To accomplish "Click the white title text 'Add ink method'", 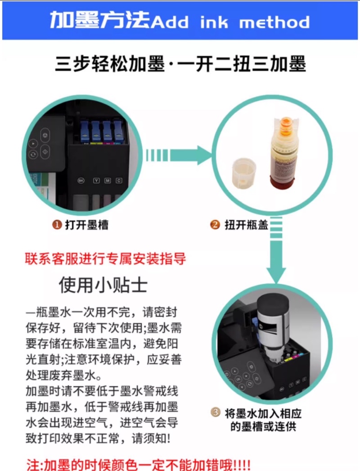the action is pyautogui.click(x=230, y=22).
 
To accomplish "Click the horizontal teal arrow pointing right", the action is pyautogui.click(x=178, y=155).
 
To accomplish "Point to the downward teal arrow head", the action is pyautogui.click(x=276, y=275).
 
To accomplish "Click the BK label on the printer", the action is pyautogui.click(x=81, y=180).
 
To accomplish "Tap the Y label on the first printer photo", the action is pyautogui.click(x=96, y=181).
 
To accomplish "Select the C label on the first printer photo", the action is pyautogui.click(x=119, y=180).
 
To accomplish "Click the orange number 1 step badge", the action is pyautogui.click(x=57, y=225).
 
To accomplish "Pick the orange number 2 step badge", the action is pyautogui.click(x=215, y=225).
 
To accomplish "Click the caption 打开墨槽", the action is pyautogui.click(x=86, y=225).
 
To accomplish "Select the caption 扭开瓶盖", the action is pyautogui.click(x=246, y=225).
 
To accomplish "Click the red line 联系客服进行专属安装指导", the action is pyautogui.click(x=105, y=258).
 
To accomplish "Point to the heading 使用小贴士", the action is pyautogui.click(x=103, y=285).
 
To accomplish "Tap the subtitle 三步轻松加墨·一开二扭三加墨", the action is pyautogui.click(x=180, y=63).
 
